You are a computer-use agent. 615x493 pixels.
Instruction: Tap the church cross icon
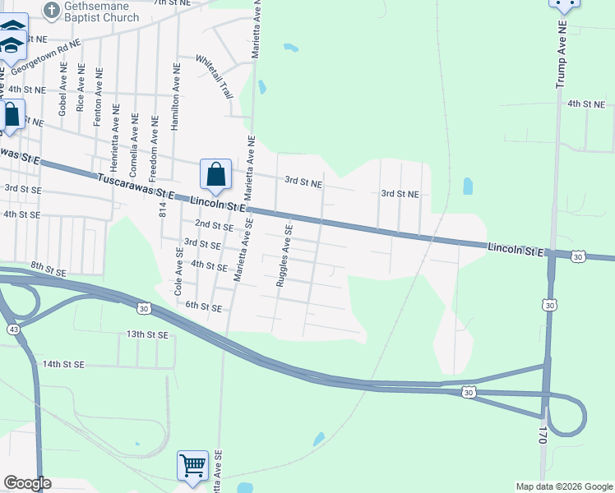click(x=51, y=11)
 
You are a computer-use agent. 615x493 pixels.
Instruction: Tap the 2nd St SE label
click(x=214, y=225)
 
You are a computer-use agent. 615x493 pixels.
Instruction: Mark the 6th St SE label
click(x=202, y=307)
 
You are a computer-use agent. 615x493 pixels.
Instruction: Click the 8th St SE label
click(x=47, y=266)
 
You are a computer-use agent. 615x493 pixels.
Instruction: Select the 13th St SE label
click(x=147, y=335)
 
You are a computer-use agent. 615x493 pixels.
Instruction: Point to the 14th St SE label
click(x=64, y=364)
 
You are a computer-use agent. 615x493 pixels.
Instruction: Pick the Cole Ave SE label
click(x=178, y=262)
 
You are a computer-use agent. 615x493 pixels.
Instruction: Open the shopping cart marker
click(x=192, y=465)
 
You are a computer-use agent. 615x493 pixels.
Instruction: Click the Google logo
click(x=27, y=483)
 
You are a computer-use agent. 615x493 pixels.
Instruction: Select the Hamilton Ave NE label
click(x=174, y=98)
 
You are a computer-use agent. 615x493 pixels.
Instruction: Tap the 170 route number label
click(x=543, y=434)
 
